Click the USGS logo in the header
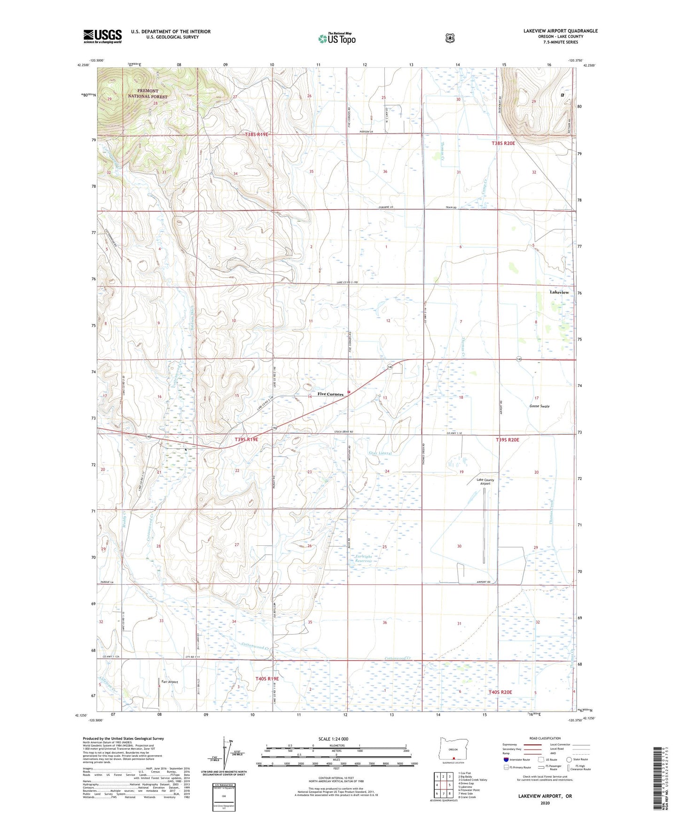pyautogui.click(x=102, y=36)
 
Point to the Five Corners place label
pyautogui.click(x=330, y=394)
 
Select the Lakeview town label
pyautogui.click(x=559, y=292)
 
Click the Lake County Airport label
pyautogui.click(x=485, y=481)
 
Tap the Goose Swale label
pyautogui.click(x=539, y=406)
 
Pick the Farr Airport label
pyautogui.click(x=170, y=681)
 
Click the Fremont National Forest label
pyautogui.click(x=148, y=93)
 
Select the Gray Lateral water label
pyautogui.click(x=380, y=453)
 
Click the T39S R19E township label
pyautogui.click(x=246, y=440)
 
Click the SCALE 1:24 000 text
pyautogui.click(x=333, y=739)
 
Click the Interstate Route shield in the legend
pyautogui.click(x=506, y=759)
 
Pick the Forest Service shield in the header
pyautogui.click(x=450, y=38)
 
